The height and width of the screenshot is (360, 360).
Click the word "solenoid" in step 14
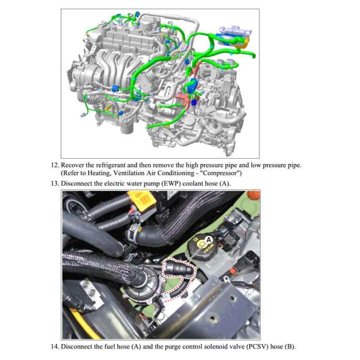(x=213, y=347)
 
